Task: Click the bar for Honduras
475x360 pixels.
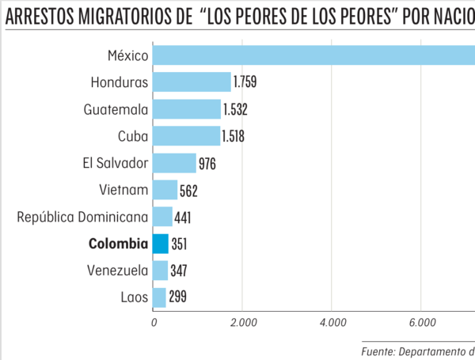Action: tap(192, 81)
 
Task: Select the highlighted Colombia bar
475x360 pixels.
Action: tap(161, 244)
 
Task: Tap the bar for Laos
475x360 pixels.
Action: tap(159, 297)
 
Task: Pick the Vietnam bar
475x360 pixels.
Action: tap(165, 190)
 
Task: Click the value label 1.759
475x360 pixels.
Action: tap(245, 82)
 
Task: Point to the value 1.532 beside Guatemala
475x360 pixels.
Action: tap(235, 109)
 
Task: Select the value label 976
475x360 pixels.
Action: tap(207, 163)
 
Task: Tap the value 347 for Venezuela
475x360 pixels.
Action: tap(180, 271)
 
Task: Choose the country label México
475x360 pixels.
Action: tap(127, 55)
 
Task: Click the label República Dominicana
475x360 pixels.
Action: tap(82, 217)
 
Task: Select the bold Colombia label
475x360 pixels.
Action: tap(118, 244)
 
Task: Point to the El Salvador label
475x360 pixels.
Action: tap(116, 163)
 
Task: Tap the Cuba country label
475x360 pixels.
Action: tap(132, 136)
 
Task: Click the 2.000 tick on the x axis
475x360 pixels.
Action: tap(241, 323)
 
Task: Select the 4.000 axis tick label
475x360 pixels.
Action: tap(331, 323)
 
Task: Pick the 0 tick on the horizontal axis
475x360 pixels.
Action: tap(154, 323)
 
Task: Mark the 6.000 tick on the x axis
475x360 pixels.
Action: tap(420, 323)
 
